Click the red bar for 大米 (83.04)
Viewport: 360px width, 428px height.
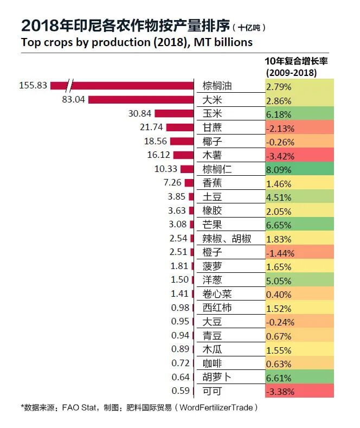coord(141,100)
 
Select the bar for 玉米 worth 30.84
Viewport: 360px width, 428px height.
coord(174,113)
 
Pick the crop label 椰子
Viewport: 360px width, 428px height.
coord(212,141)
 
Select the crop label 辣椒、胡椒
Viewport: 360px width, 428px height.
coord(226,238)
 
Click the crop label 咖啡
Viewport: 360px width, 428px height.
coord(212,363)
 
